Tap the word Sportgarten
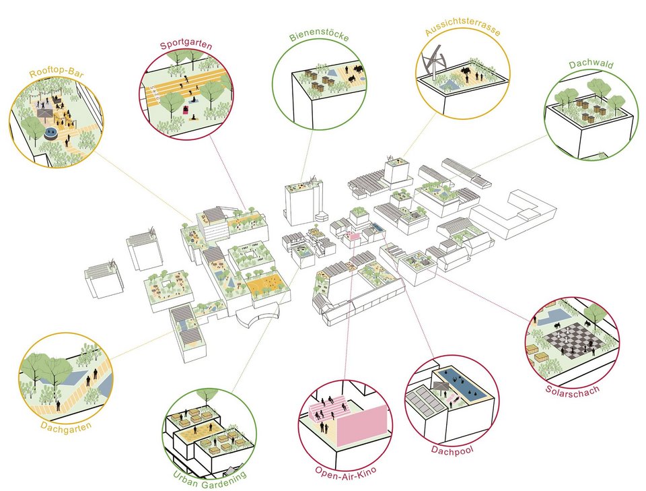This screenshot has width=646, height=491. pos(186,46)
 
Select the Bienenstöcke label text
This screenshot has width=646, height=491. pos(319,36)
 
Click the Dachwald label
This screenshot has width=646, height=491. pos(587,65)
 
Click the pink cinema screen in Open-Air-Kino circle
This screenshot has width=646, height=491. pos(362,426)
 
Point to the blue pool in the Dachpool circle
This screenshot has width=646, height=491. pos(464,385)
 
